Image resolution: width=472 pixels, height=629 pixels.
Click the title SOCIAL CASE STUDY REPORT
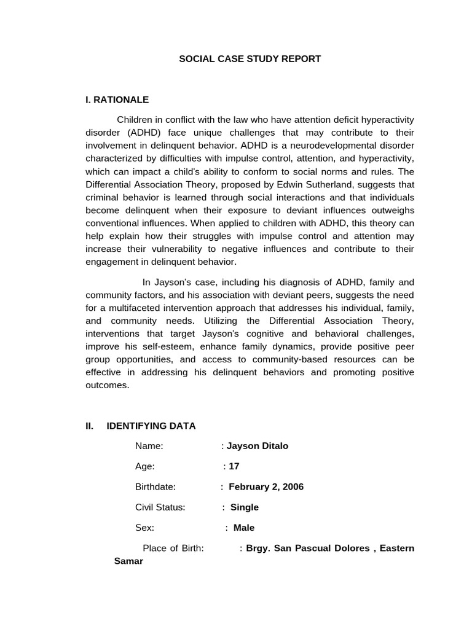coord(250,59)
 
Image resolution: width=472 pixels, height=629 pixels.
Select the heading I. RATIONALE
coord(117,100)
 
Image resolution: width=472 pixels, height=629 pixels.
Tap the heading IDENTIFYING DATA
coord(151,426)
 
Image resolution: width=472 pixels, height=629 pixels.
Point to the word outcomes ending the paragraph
coord(108,385)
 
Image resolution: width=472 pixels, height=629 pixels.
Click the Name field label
coord(149,446)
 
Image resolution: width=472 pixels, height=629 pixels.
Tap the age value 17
coord(234,466)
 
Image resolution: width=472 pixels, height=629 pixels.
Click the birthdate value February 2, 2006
coord(266,487)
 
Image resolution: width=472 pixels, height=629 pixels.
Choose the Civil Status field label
coord(160,507)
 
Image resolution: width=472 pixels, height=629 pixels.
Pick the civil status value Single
coord(245,507)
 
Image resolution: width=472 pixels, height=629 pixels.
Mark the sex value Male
coord(244,528)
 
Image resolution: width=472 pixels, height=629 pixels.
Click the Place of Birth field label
coord(173,548)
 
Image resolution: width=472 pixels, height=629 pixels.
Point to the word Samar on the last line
coord(128,561)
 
